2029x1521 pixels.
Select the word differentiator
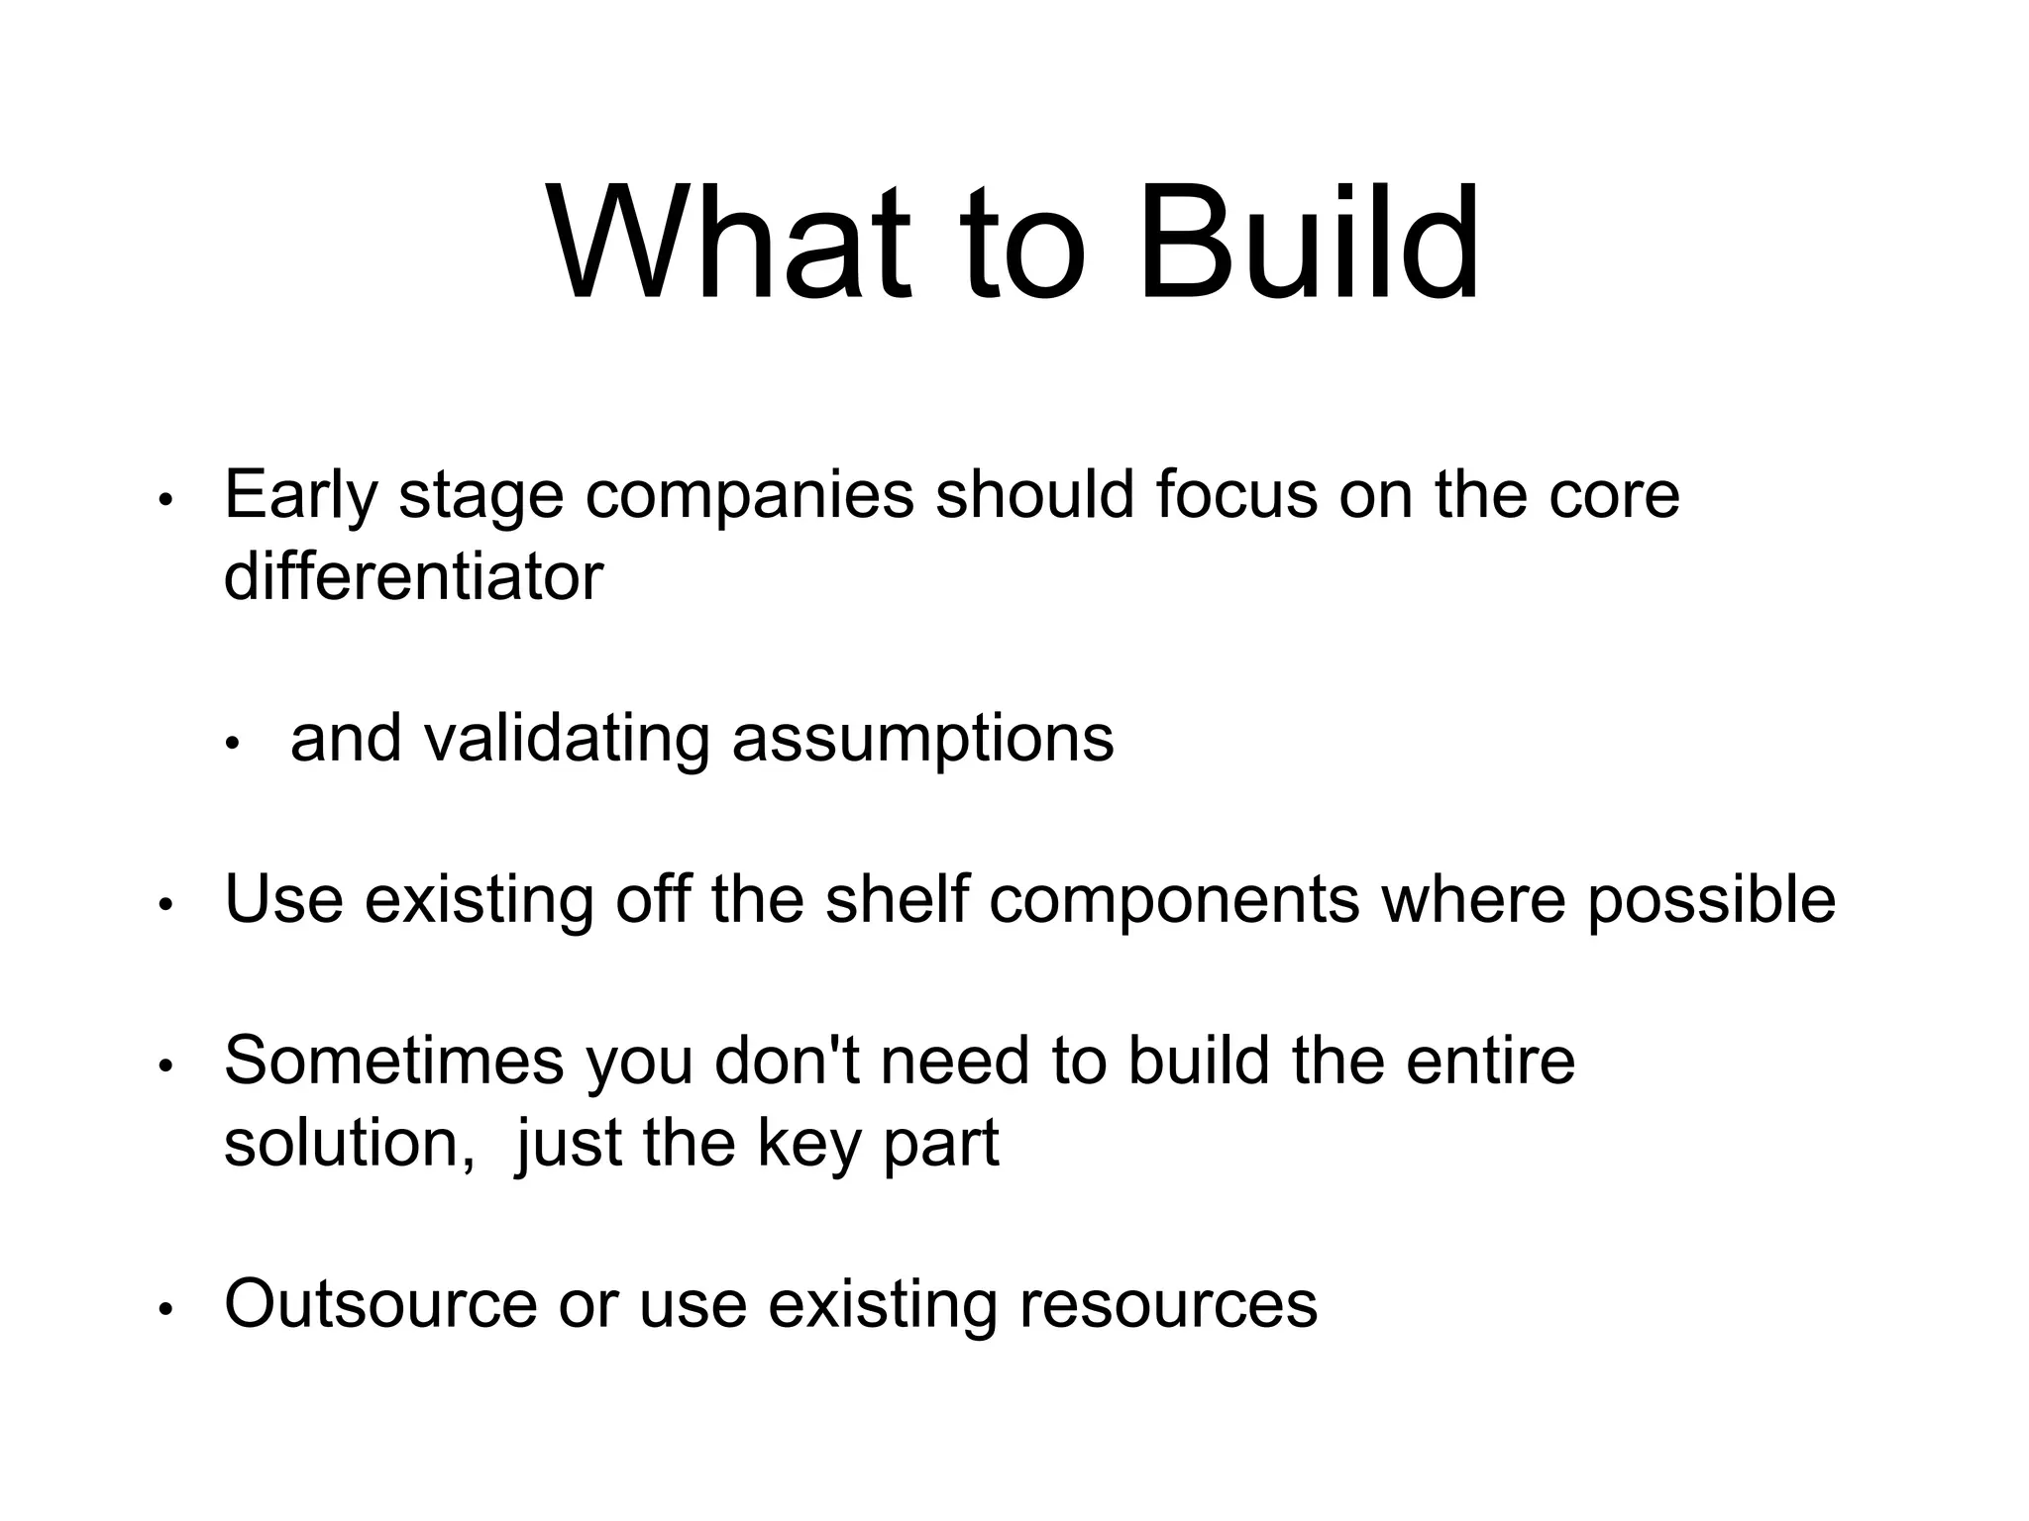[413, 576]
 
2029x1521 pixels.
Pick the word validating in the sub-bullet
[568, 739]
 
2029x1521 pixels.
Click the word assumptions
[922, 739]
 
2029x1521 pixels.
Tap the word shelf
[897, 900]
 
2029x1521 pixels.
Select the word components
[1174, 900]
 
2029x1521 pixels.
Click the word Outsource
[380, 1305]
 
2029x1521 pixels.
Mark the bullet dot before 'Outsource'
[166, 1310]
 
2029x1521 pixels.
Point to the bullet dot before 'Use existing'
[166, 905]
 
